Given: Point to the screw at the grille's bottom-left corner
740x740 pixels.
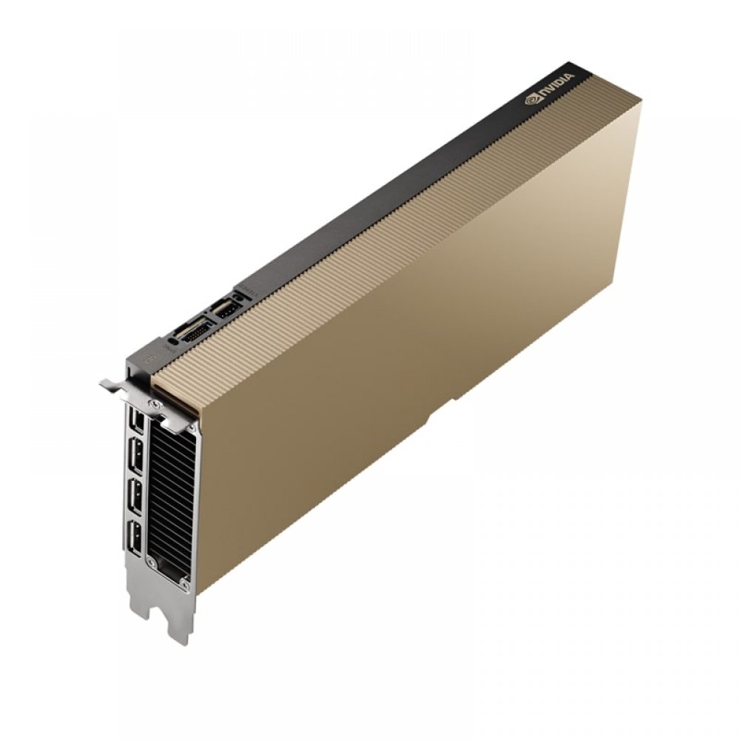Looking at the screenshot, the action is click(151, 562).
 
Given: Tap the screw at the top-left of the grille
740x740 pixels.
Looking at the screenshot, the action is click(153, 403).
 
